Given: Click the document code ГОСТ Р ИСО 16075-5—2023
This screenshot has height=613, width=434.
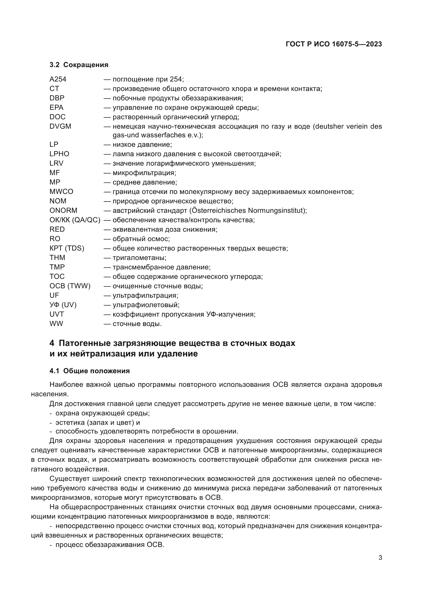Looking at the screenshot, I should pos(334,44).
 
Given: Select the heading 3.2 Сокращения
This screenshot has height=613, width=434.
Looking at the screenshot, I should pos(79,65).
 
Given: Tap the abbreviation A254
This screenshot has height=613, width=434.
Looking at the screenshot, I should pos(58,79).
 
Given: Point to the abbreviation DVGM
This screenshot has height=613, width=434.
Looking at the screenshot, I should pos(60,126).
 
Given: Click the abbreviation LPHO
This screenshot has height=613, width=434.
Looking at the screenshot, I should pos(59,154).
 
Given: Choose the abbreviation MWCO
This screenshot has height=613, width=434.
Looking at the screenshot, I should pos(61,191).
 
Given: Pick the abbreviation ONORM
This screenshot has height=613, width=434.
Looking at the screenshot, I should pos(63,210).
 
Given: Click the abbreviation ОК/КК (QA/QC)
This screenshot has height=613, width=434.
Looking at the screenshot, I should pos(75,220).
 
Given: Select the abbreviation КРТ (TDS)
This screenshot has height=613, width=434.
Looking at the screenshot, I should pos(67,248).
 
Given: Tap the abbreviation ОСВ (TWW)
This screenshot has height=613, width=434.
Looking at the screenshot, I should pos(70,286).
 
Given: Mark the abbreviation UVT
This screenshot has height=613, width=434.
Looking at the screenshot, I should pos(57,314).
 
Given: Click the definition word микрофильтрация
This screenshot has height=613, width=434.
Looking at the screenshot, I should pos(144,173).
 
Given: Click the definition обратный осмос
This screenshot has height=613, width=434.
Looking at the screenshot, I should pos(141,239).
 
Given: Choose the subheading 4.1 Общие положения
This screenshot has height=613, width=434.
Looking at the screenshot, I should pos(89,371).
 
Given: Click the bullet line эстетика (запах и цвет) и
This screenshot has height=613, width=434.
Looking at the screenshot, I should pos(98,423).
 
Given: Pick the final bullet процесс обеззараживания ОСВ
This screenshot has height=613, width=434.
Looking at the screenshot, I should pos(110,545).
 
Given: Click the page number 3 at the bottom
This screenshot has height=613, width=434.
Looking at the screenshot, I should pos(380,558).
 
